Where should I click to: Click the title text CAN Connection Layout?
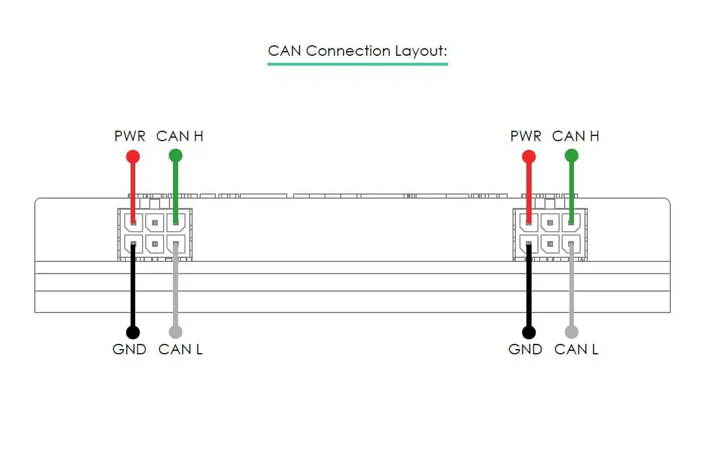click(358, 51)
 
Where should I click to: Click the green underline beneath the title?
click(358, 63)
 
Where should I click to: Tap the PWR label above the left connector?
click(130, 137)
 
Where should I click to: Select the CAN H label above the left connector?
click(180, 137)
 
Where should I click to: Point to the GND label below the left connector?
click(128, 350)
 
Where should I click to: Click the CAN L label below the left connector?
click(180, 350)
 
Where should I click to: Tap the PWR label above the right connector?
click(526, 137)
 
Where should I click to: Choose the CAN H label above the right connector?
click(576, 137)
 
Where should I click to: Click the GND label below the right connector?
click(525, 350)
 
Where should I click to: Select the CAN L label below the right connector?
click(576, 350)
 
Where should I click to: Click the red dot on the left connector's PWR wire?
click(133, 156)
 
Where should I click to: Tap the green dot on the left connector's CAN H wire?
click(175, 155)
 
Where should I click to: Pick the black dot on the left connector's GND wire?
click(133, 332)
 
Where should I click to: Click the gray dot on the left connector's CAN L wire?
click(175, 332)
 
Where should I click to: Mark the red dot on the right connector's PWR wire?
click(529, 156)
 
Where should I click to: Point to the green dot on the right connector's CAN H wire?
click(572, 155)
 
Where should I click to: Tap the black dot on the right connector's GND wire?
click(529, 332)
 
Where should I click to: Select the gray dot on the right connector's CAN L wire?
click(572, 332)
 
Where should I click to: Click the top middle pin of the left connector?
click(154, 222)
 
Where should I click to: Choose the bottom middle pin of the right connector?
click(550, 243)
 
